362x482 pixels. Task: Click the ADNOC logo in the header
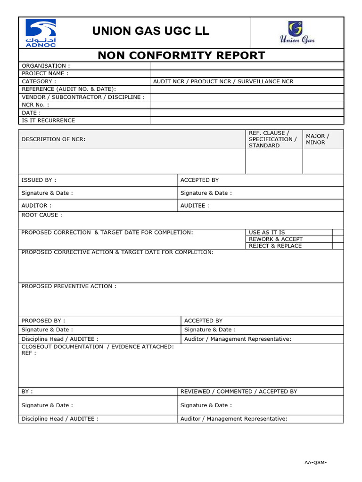[x=40, y=33]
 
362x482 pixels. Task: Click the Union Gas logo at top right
[x=296, y=32]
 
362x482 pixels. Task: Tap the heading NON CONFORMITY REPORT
[x=181, y=56]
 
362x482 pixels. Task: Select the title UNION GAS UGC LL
[x=151, y=32]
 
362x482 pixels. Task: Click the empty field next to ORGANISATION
[x=247, y=66]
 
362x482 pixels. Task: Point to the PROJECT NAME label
[x=45, y=73]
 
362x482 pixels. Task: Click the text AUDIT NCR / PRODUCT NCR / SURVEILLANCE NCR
[x=223, y=81]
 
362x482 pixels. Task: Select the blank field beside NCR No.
[x=247, y=105]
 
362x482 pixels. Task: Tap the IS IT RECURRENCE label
[x=48, y=120]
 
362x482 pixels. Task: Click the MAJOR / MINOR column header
[x=318, y=139]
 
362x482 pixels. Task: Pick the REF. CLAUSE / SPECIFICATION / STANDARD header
[x=272, y=139]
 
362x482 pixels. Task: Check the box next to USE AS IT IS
[x=338, y=233]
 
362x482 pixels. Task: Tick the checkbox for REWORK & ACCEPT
[x=338, y=239]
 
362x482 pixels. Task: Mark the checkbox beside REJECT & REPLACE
[x=338, y=246]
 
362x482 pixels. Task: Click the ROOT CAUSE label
[x=41, y=215]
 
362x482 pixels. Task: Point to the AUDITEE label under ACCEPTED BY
[x=195, y=206]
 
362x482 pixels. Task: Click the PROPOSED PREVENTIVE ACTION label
[x=68, y=286]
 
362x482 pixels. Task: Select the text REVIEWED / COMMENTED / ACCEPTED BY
[x=239, y=392]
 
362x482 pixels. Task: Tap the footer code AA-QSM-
[x=315, y=462]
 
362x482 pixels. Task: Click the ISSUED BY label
[x=39, y=180]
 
